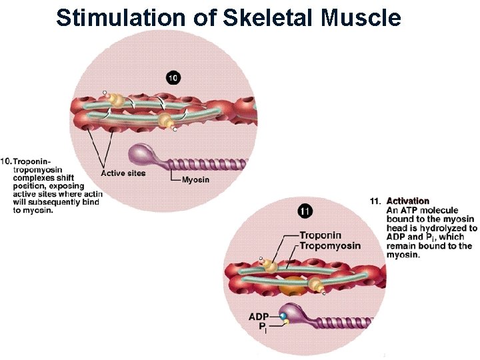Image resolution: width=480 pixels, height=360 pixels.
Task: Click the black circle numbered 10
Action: pos(173,79)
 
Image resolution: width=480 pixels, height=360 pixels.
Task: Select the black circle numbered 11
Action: pos(304,212)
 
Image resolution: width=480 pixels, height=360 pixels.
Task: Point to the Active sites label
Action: pos(123,173)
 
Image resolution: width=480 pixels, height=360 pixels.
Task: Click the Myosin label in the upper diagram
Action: pos(195,179)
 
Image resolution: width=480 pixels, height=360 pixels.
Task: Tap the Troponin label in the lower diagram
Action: pos(320,235)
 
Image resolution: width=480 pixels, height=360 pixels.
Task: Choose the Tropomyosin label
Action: pos(330,245)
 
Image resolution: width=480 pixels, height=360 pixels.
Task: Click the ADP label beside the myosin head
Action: pos(259,316)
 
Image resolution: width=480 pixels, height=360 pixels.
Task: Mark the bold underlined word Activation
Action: pos(408,201)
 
